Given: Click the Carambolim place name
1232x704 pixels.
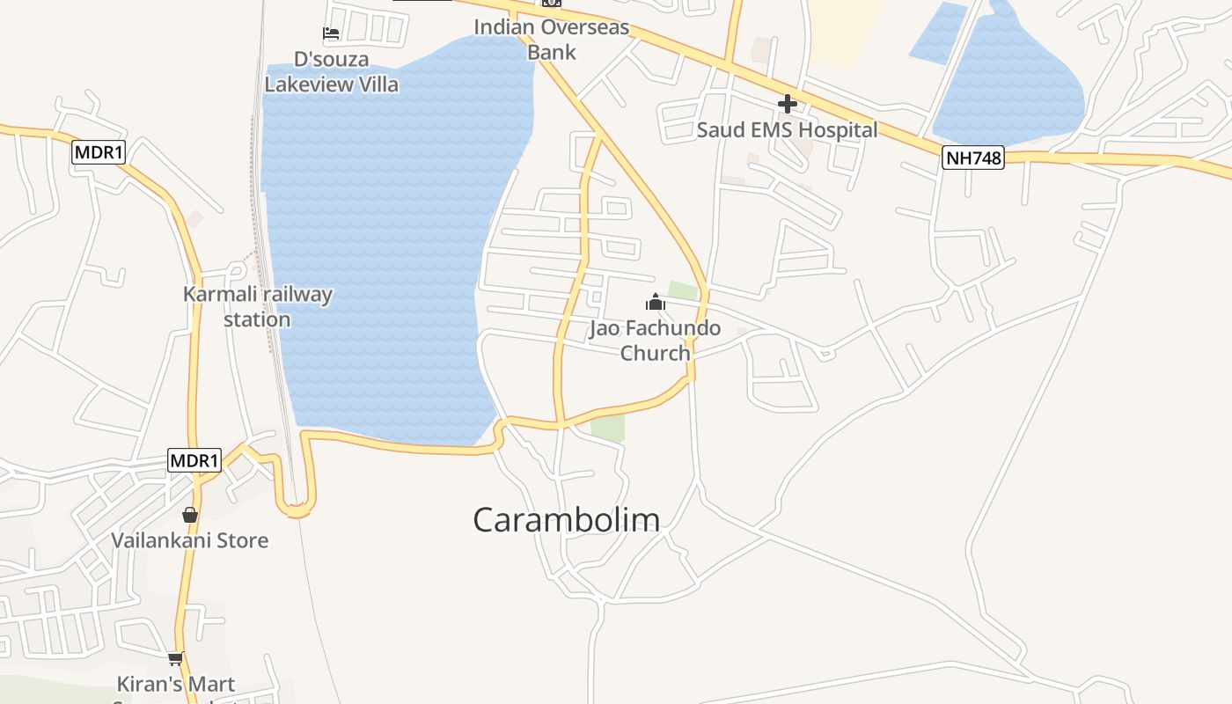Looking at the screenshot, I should [x=566, y=519].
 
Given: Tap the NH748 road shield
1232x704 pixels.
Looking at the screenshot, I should [x=972, y=158].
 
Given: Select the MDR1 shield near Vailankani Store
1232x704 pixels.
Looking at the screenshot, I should [x=194, y=460].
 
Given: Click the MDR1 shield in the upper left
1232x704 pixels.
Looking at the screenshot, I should [x=99, y=152].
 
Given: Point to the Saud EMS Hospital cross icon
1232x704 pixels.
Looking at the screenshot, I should [x=787, y=104].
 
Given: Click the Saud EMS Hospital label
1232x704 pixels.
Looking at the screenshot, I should [x=787, y=130].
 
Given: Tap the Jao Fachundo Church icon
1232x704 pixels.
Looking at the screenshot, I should [x=655, y=302].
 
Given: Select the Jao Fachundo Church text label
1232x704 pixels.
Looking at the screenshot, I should [x=655, y=341].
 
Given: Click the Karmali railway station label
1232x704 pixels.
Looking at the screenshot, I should [x=257, y=306].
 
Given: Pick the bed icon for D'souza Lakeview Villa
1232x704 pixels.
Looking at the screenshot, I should [x=331, y=34].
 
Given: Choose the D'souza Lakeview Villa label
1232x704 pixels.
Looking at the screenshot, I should [x=331, y=72].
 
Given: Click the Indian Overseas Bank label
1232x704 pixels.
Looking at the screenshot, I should [x=552, y=40].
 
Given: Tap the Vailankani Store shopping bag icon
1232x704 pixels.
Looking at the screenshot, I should [x=190, y=515].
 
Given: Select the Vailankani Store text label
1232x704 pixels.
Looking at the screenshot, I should [x=190, y=539].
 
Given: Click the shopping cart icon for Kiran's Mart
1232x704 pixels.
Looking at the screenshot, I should [x=176, y=657].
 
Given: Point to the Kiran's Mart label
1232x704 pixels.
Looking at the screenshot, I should [x=176, y=684].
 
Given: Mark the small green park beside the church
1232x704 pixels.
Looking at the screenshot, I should [x=683, y=290].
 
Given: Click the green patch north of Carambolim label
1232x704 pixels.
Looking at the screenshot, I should [x=607, y=427].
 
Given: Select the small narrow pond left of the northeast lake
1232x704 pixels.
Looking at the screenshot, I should [x=938, y=33].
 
